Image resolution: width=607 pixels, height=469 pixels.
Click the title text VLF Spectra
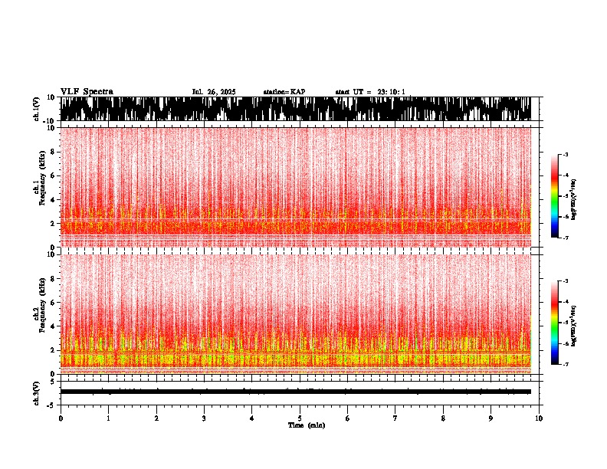(x=87, y=92)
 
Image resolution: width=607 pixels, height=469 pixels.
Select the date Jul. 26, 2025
(x=214, y=92)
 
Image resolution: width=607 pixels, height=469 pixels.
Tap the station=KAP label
(x=284, y=92)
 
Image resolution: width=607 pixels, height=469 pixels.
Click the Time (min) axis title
(x=306, y=425)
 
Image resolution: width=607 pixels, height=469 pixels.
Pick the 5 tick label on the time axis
(x=300, y=418)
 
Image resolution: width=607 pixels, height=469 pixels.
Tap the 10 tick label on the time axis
(x=539, y=418)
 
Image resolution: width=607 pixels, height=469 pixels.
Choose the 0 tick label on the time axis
(x=61, y=418)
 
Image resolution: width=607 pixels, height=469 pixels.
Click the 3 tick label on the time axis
(x=204, y=418)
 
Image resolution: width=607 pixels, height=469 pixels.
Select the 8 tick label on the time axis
(x=443, y=418)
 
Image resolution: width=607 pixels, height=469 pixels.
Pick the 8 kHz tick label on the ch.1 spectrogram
(x=51, y=152)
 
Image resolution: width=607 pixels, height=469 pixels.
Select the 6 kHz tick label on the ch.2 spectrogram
(x=51, y=302)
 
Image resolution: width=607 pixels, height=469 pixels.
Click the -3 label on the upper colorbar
(x=566, y=155)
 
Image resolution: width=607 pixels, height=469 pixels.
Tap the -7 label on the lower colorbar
(x=566, y=365)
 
